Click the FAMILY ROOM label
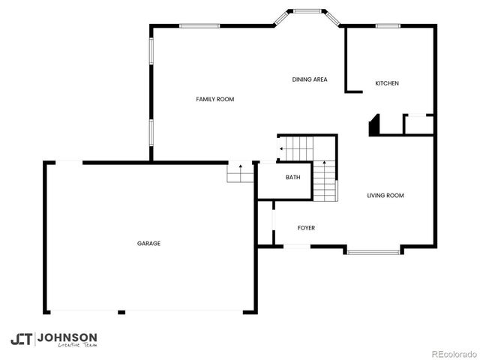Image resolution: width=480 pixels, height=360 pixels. click(x=215, y=99)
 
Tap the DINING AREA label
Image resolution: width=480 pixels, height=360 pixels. click(x=310, y=79)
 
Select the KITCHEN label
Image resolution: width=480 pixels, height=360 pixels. click(x=387, y=83)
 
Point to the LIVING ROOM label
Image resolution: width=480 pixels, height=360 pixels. click(x=385, y=196)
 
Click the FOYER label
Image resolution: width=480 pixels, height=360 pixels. click(x=306, y=227)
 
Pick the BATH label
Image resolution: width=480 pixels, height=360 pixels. click(x=292, y=178)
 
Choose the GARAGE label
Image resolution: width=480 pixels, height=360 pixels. click(x=148, y=243)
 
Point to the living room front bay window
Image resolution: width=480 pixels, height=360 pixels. click(x=373, y=251)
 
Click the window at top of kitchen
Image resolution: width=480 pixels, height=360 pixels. click(x=387, y=26)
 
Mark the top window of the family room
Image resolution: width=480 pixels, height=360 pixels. click(x=199, y=26)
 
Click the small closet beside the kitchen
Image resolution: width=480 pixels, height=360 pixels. click(x=418, y=124)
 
